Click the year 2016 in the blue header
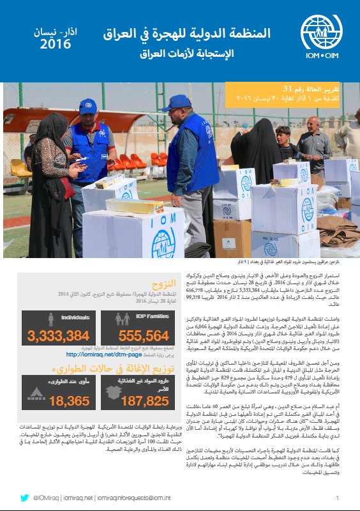pos(56,44)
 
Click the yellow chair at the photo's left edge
pos(19,167)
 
